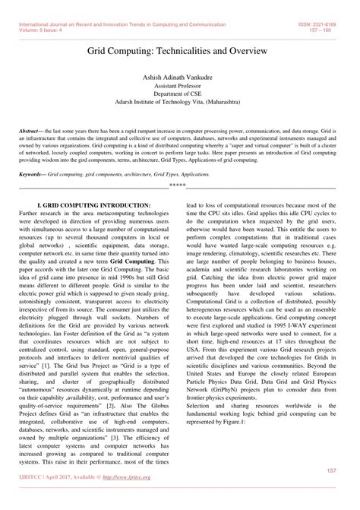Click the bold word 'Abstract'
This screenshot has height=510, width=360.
(x=32, y=131)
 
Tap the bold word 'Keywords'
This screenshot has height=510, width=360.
(x=34, y=174)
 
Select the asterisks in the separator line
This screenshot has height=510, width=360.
(x=177, y=185)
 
